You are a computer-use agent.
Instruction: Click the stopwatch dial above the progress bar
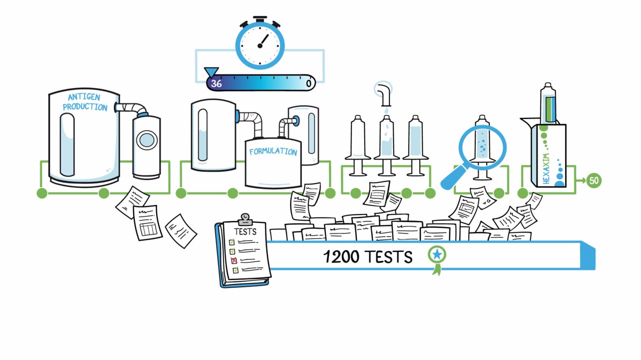click(260, 43)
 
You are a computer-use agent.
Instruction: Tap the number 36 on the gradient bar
click(216, 83)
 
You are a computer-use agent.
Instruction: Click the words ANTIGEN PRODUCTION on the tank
click(85, 102)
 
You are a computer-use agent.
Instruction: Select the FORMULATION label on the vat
click(273, 151)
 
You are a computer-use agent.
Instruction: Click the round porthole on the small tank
click(146, 139)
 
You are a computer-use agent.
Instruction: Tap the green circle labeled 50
click(594, 180)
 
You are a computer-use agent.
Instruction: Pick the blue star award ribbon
click(437, 255)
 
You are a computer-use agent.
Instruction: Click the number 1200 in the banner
click(341, 257)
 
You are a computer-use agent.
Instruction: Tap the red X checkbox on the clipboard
click(233, 260)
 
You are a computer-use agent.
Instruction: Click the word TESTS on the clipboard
click(245, 231)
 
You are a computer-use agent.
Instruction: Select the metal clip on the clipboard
click(245, 219)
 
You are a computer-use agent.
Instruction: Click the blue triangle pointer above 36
click(211, 73)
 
